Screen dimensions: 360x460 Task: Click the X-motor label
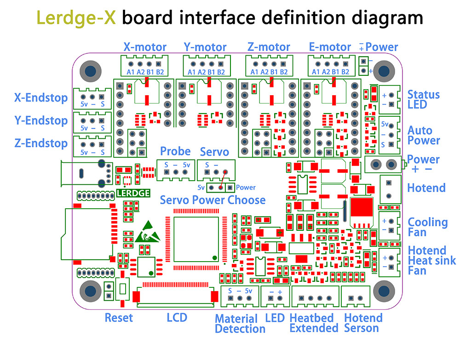click(x=144, y=47)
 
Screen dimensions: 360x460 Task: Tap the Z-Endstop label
click(x=40, y=143)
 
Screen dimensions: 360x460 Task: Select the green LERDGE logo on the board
click(x=133, y=193)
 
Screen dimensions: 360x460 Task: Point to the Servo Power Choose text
click(x=213, y=200)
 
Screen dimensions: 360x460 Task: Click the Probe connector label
click(x=175, y=151)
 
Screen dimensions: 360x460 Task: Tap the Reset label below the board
click(x=118, y=317)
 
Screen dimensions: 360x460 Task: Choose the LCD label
click(x=177, y=317)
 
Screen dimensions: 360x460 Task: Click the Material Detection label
click(x=239, y=324)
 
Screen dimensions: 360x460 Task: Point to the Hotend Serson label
click(x=363, y=323)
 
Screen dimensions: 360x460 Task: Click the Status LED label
click(x=423, y=99)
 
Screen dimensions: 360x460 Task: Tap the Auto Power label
click(x=423, y=136)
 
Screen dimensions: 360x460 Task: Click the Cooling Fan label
click(x=427, y=227)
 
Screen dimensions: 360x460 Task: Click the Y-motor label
click(x=205, y=47)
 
